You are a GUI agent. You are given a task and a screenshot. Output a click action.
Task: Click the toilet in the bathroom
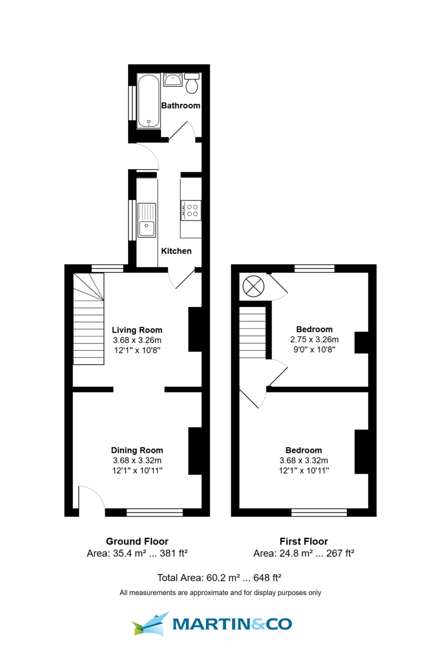click(x=192, y=84)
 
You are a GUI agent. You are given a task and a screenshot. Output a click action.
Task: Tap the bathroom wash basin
click(x=173, y=80)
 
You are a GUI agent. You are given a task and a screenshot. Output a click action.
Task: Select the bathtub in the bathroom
click(x=149, y=101)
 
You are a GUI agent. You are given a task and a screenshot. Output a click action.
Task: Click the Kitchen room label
click(x=176, y=251)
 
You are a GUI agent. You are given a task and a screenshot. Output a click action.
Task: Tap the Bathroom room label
click(x=180, y=105)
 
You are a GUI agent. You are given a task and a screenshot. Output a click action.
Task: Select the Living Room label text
click(x=137, y=330)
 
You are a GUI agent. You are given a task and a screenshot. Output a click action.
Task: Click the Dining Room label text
click(x=137, y=450)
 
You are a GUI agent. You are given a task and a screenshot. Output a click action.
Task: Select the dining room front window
click(x=154, y=512)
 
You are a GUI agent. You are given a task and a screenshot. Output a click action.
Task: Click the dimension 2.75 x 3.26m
click(x=314, y=339)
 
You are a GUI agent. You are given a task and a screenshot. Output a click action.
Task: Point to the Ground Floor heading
click(x=137, y=541)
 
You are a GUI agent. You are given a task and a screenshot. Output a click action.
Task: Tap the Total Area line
click(x=219, y=577)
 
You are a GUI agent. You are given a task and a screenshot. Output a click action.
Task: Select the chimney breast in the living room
click(x=195, y=329)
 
